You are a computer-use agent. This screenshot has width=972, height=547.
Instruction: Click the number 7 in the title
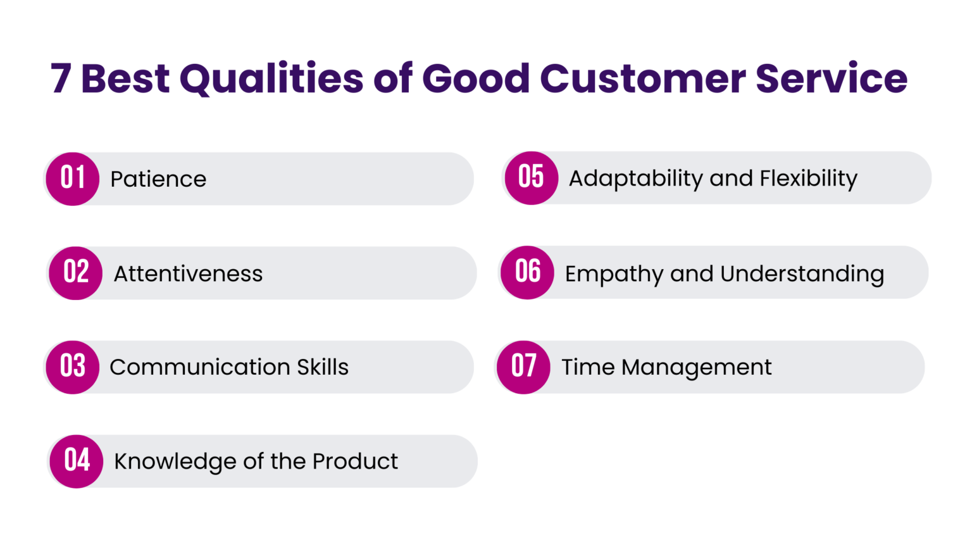61,79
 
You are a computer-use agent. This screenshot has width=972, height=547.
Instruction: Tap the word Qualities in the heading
271,79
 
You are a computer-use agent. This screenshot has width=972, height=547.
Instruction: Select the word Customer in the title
642,79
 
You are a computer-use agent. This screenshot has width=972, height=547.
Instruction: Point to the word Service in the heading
832,79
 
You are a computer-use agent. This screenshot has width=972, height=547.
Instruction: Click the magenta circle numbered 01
73,179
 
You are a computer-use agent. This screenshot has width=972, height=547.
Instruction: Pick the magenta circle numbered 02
76,273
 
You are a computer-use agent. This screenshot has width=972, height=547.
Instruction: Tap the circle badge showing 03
73,367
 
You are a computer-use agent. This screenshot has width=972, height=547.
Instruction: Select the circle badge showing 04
77,461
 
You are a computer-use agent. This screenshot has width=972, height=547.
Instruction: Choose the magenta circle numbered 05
532,178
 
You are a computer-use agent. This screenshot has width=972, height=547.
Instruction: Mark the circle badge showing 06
528,272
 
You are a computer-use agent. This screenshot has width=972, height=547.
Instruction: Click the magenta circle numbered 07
524,367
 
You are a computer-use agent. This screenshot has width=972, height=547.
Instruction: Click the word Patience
158,179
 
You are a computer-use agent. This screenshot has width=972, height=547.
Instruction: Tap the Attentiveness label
188,273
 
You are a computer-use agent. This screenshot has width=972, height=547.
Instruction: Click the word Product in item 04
355,462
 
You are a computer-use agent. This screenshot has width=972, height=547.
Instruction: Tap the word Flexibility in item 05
809,179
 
